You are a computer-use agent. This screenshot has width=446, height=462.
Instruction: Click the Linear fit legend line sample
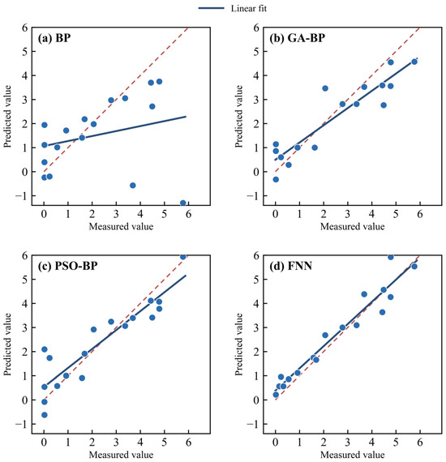pyautogui.click(x=211, y=8)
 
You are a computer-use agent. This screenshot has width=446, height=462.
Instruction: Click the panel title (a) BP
pyautogui.click(x=54, y=38)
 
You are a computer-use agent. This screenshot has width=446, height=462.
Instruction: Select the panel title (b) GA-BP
pyautogui.click(x=297, y=38)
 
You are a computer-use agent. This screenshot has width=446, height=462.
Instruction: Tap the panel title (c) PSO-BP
pyautogui.click(x=67, y=266)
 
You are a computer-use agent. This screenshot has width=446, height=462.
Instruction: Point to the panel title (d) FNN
pyautogui.click(x=290, y=266)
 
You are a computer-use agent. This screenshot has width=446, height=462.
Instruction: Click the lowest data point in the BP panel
pyautogui.click(x=182, y=203)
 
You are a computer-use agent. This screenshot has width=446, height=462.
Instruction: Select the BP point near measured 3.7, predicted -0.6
pyautogui.click(x=133, y=186)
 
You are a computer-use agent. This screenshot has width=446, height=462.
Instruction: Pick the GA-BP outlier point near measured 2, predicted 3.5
pyautogui.click(x=325, y=88)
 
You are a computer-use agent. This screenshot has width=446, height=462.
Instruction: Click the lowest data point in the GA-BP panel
pyautogui.click(x=276, y=179)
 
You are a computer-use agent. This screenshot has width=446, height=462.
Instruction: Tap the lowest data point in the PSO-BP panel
pyautogui.click(x=45, y=415)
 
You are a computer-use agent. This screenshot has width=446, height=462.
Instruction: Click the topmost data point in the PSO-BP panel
pyautogui.click(x=182, y=257)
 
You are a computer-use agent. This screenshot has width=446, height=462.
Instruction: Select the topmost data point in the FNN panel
pyautogui.click(x=391, y=257)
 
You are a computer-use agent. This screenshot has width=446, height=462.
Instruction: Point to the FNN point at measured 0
pyautogui.click(x=276, y=395)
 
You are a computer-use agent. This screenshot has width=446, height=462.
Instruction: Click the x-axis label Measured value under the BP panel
pyautogui.click(x=121, y=226)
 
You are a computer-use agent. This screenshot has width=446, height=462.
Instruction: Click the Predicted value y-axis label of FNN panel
pyautogui.click(x=238, y=344)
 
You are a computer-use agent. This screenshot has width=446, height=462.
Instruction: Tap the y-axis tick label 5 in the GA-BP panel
pyautogui.click(x=256, y=51)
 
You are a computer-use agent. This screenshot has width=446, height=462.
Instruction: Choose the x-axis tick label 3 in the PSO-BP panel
pyautogui.click(x=116, y=442)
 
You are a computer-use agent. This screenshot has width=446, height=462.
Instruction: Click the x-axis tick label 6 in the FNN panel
pyautogui.click(x=420, y=442)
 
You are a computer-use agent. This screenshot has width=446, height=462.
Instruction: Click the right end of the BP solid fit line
pyautogui.click(x=186, y=117)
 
